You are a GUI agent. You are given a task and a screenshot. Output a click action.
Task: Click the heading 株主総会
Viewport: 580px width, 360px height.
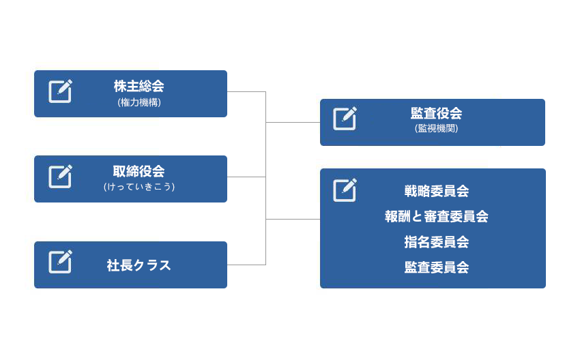click(x=139, y=86)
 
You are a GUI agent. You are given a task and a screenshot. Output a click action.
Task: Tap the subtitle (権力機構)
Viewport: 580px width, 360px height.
click(x=139, y=102)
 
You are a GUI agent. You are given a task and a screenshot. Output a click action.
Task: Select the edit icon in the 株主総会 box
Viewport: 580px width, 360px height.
click(x=60, y=91)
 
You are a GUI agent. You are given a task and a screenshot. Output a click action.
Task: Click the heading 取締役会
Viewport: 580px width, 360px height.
click(x=139, y=171)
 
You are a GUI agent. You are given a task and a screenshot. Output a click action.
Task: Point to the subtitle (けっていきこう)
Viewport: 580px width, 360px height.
click(x=139, y=187)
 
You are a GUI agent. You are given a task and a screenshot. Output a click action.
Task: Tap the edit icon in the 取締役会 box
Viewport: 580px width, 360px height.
click(x=60, y=177)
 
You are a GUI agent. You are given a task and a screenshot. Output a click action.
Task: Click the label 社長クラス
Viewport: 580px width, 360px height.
click(x=139, y=265)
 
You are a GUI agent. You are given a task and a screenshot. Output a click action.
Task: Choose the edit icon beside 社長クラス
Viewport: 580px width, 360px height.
click(x=60, y=262)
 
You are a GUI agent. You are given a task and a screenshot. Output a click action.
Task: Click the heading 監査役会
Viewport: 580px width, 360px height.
click(x=436, y=113)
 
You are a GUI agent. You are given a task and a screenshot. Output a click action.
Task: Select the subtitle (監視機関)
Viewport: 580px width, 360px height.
click(x=436, y=128)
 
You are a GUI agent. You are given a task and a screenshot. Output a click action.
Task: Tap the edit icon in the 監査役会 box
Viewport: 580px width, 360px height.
click(x=345, y=118)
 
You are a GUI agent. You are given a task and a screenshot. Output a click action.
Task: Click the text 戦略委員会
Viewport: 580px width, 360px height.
click(x=437, y=191)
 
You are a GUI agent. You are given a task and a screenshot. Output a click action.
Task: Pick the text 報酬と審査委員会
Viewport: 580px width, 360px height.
click(x=437, y=216)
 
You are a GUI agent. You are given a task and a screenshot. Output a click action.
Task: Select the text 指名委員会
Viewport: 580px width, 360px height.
click(x=437, y=242)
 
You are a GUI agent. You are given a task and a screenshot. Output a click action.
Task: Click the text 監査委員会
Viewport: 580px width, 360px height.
click(x=437, y=267)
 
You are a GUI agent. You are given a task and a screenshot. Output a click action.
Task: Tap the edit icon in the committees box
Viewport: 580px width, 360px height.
click(x=345, y=190)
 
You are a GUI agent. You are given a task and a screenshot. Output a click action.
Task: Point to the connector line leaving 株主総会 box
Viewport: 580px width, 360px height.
click(x=246, y=91)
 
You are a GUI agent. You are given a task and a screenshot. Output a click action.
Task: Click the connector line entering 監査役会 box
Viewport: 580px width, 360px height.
click(x=293, y=122)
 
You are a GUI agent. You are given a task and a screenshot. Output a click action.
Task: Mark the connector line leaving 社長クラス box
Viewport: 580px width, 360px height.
click(x=246, y=265)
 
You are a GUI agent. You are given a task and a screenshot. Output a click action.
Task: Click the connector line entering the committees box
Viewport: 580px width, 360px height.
click(x=293, y=219)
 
